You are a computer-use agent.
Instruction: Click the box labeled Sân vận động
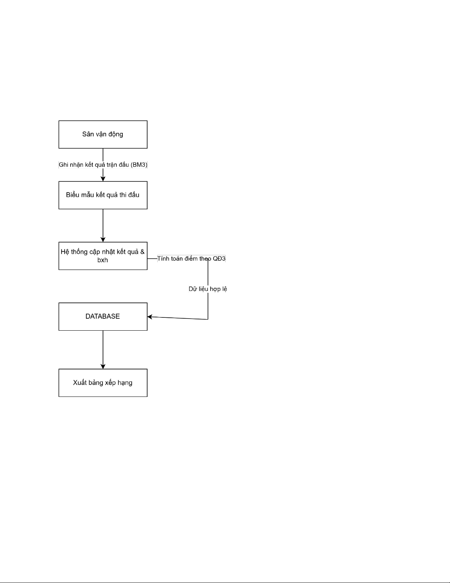pos(103,134)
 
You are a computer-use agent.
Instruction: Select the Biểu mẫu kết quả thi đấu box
pos(103,195)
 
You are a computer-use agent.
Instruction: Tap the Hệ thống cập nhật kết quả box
pos(103,256)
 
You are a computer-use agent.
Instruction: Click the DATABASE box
pos(103,317)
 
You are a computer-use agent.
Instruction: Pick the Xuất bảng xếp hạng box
pos(103,383)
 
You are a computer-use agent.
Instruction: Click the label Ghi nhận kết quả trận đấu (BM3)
pos(103,165)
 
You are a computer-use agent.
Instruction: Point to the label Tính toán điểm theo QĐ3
pos(191,259)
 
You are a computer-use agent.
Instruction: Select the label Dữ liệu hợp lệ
pos(208,289)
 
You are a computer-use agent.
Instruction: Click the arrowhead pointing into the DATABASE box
pos(150,317)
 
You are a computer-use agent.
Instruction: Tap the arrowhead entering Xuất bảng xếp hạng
pos(103,366)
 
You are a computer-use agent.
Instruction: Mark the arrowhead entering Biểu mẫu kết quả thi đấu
pos(103,179)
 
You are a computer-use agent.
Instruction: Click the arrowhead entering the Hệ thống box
pos(103,239)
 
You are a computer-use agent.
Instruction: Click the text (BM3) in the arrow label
pos(139,165)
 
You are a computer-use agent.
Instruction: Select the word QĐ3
pos(219,259)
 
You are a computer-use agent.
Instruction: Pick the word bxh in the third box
pos(102,260)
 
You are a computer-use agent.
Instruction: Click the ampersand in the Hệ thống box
pos(142,252)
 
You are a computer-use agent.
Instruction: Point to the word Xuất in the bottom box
pos(80,383)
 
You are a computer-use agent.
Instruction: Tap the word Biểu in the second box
pos(72,195)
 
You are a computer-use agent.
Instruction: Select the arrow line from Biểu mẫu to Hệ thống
pos(103,225)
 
